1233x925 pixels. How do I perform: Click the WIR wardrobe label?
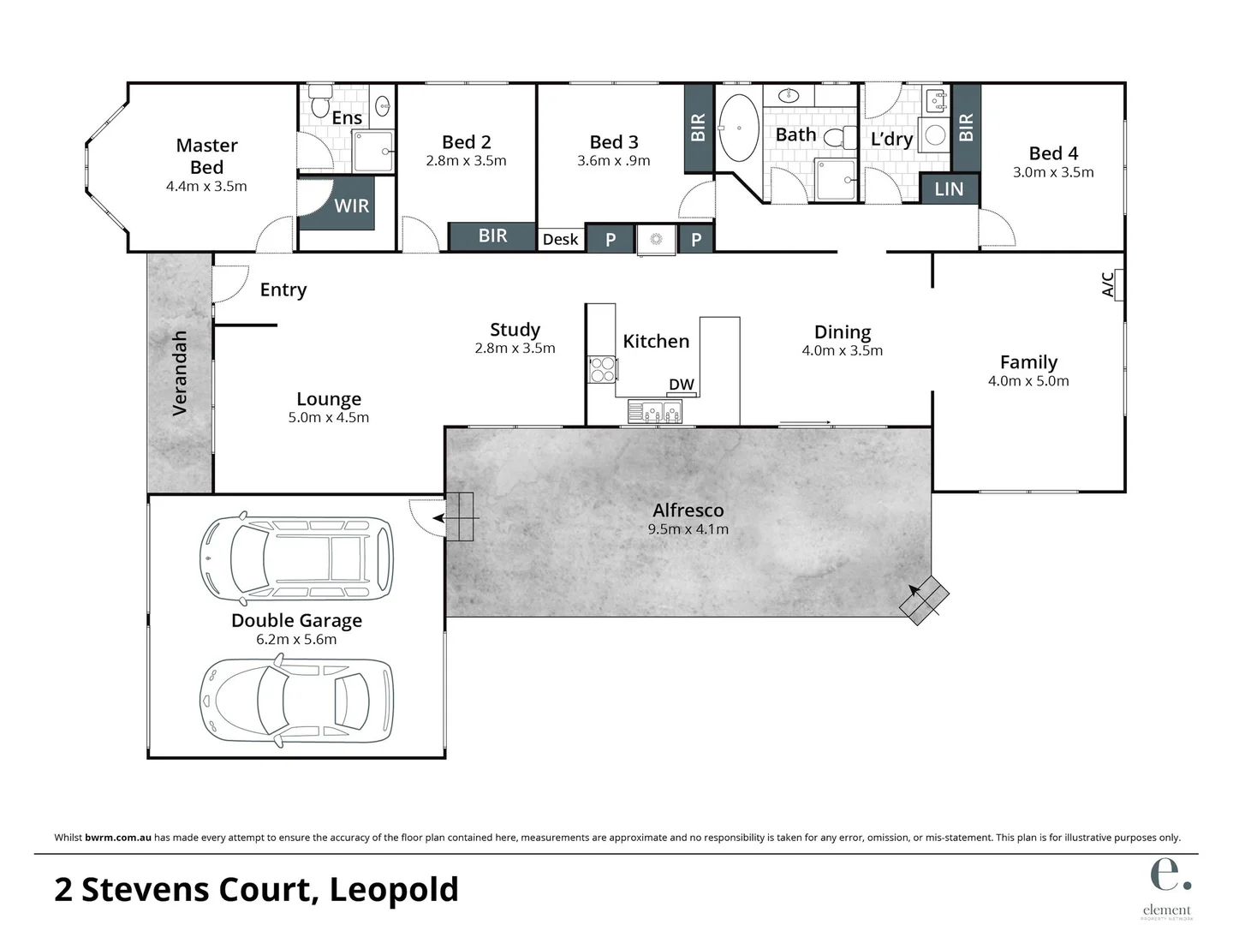tap(351, 206)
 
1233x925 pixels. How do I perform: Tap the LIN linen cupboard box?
tap(949, 189)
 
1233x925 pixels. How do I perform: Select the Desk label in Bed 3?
tap(560, 240)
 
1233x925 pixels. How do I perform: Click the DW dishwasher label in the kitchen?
tap(682, 385)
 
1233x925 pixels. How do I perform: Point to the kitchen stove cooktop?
tap(602, 369)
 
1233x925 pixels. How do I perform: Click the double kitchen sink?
tap(655, 412)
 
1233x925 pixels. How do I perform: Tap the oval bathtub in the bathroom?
tap(737, 128)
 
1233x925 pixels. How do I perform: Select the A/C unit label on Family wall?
tap(1109, 284)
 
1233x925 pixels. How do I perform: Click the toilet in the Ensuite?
tap(320, 102)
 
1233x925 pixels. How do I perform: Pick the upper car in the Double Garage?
tap(296, 558)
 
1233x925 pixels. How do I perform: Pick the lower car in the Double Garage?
tap(296, 699)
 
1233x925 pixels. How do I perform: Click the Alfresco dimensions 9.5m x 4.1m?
tap(688, 529)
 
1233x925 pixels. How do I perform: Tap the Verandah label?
tap(180, 373)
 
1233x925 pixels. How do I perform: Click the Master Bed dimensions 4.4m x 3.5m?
tap(206, 186)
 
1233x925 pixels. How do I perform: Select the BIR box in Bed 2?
tap(492, 236)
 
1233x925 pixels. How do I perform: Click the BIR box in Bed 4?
tap(966, 128)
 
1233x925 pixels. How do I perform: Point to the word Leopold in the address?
tap(394, 889)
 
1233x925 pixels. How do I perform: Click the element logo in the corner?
tap(1168, 886)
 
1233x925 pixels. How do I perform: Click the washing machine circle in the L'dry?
tap(936, 135)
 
